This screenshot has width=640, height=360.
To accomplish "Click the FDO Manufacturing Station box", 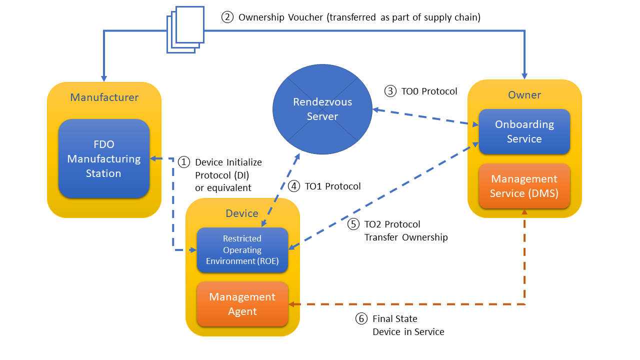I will click(x=104, y=158).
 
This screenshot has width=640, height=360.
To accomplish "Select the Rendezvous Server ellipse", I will click(x=322, y=109).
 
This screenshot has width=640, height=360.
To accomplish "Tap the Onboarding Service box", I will click(x=524, y=131).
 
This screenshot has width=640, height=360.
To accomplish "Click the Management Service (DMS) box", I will click(x=524, y=185).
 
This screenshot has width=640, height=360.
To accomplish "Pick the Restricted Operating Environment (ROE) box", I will click(x=242, y=249).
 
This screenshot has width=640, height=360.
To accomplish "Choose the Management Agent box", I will click(x=242, y=304).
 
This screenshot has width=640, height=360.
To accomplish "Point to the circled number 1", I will click(x=184, y=162).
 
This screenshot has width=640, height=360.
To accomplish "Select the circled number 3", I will click(x=390, y=91).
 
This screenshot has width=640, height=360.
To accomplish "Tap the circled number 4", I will click(x=294, y=186).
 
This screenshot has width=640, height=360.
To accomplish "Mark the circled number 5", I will click(x=353, y=224).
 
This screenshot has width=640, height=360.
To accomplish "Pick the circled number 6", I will click(x=361, y=318).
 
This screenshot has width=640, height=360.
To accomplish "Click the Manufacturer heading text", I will click(x=104, y=97).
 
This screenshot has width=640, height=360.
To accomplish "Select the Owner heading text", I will click(x=524, y=95).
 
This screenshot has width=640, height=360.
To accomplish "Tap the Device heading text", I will click(x=242, y=213).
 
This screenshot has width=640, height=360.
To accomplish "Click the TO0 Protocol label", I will click(x=429, y=91).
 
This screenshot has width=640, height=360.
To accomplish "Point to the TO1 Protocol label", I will click(x=332, y=186).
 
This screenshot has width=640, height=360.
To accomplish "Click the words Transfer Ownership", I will click(x=406, y=237).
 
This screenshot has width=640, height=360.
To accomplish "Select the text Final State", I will click(x=395, y=318).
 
